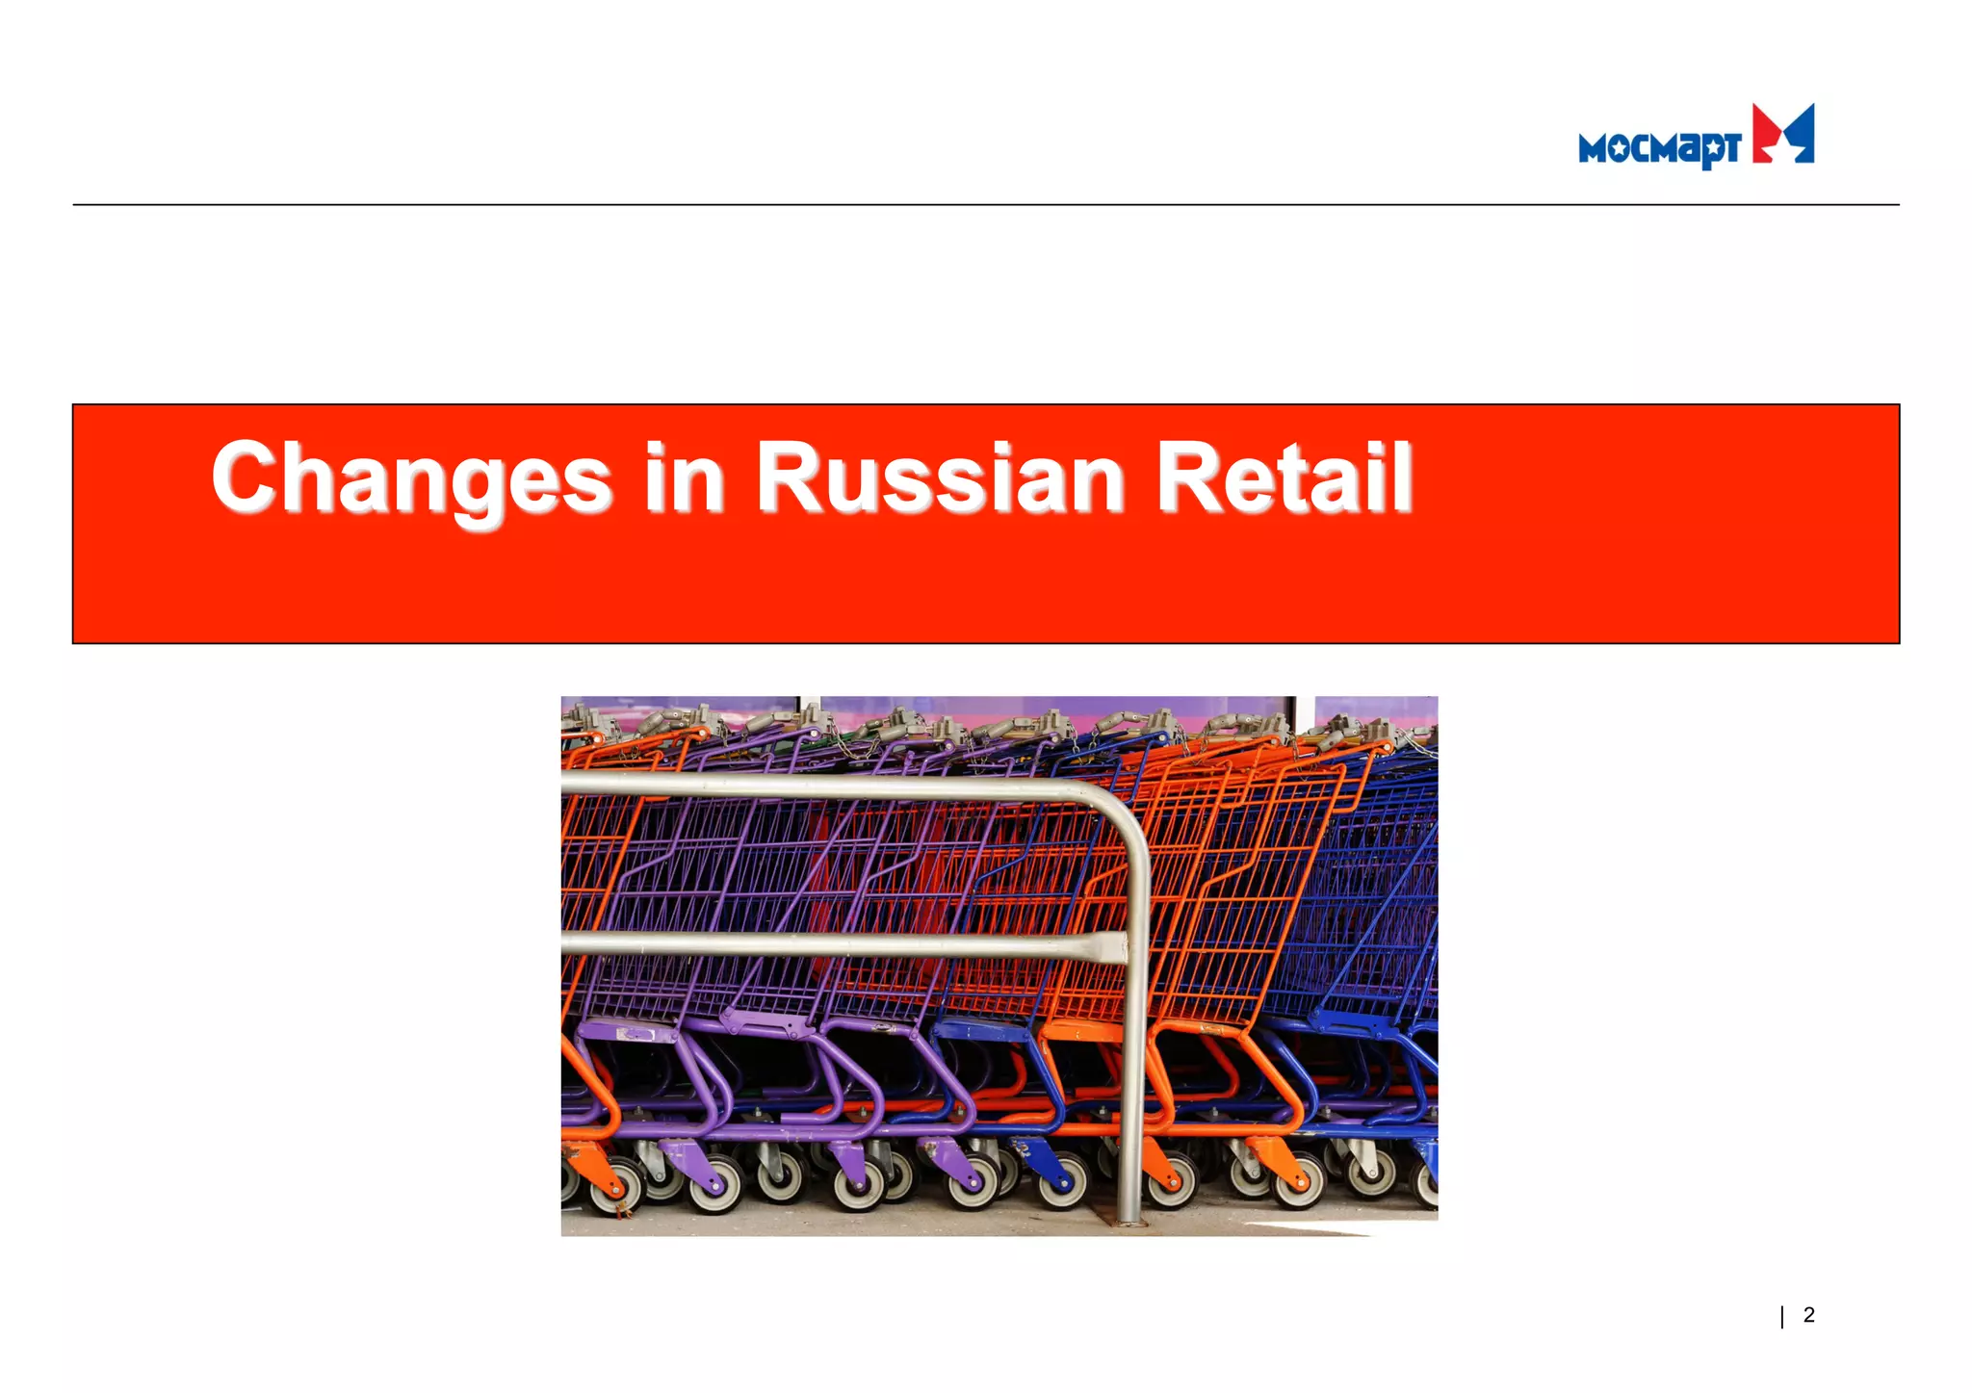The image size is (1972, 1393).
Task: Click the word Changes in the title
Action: point(412,478)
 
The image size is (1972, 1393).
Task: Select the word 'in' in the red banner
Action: point(685,478)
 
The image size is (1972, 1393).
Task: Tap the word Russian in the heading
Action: point(940,478)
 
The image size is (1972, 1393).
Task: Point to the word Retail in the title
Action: point(1284,478)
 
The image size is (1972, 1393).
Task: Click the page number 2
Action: point(1809,1315)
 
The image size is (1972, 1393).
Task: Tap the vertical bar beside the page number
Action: point(1782,1316)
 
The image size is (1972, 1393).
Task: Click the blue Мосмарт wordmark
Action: point(1658,148)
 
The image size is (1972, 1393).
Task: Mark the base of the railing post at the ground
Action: point(1128,1221)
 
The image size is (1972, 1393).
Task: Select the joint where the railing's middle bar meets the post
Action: point(1122,947)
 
